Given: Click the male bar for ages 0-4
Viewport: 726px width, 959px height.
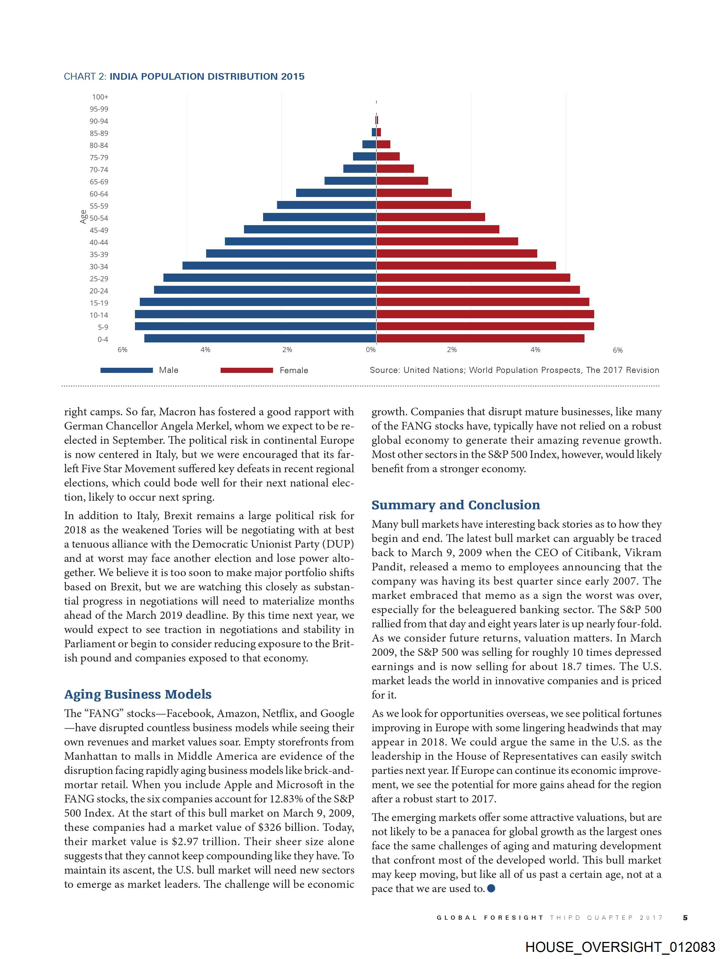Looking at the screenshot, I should click(x=260, y=339).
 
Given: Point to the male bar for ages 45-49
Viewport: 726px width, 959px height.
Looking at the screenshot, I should click(x=310, y=229).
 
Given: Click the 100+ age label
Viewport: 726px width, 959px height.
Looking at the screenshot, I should click(x=100, y=97).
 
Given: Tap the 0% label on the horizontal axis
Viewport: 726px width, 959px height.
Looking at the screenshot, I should click(x=370, y=350).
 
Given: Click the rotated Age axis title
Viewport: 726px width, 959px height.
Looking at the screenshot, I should click(x=83, y=217).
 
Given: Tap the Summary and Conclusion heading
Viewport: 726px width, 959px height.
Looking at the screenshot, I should click(x=455, y=505).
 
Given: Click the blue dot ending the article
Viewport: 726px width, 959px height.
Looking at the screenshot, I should click(x=491, y=888).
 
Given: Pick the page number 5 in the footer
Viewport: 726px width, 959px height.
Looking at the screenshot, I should click(x=685, y=917).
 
